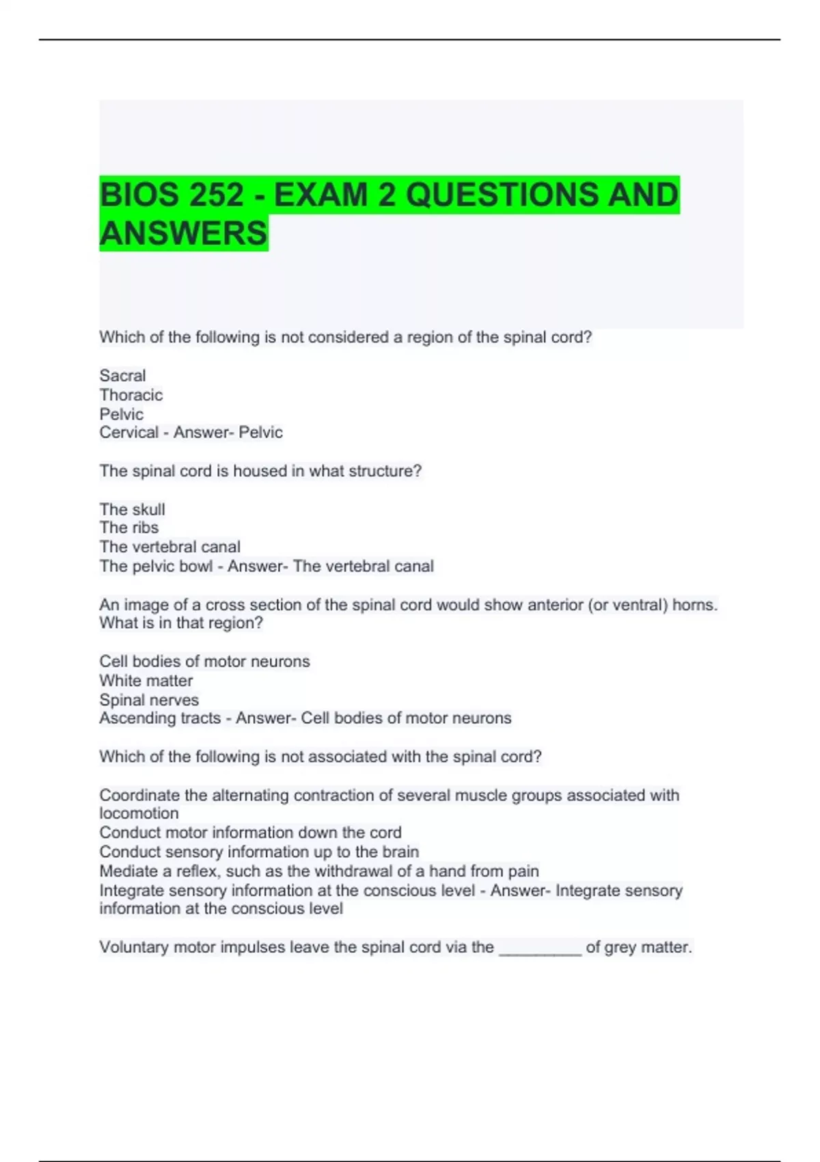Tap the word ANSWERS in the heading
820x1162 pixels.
183,233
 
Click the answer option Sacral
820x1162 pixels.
122,375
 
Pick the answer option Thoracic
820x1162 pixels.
131,395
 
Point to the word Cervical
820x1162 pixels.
128,432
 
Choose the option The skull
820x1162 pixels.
132,509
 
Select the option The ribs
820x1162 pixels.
128,528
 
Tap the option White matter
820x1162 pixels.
146,681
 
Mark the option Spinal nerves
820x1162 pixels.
149,700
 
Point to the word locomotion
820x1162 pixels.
139,813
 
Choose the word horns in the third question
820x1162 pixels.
693,605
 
